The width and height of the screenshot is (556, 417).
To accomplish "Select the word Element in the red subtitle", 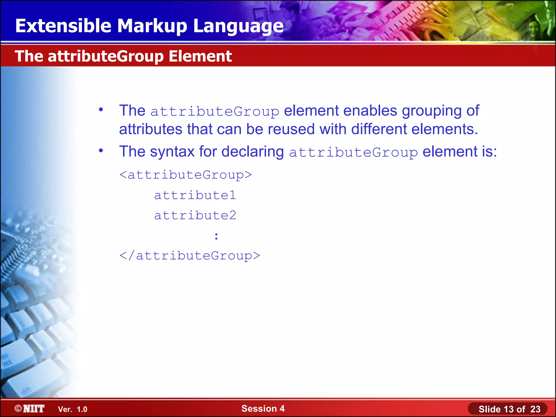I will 200,56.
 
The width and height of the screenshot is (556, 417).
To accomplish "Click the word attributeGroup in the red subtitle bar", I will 106,56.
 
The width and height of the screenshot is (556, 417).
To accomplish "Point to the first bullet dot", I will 101,110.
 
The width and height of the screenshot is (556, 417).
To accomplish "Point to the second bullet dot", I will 101,150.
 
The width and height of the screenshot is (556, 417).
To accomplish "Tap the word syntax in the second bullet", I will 172,151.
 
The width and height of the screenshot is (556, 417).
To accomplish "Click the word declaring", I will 252,151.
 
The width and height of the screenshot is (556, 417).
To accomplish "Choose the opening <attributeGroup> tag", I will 186,175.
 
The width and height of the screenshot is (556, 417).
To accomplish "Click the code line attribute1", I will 195,195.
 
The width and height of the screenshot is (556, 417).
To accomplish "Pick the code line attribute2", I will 195,216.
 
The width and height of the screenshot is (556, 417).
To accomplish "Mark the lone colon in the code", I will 216,236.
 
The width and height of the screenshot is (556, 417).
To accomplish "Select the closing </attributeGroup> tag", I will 189,256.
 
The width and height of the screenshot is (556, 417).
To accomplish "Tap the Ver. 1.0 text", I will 72,409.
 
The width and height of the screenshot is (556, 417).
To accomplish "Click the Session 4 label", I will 263,409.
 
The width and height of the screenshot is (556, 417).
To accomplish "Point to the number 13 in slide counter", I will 508,409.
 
